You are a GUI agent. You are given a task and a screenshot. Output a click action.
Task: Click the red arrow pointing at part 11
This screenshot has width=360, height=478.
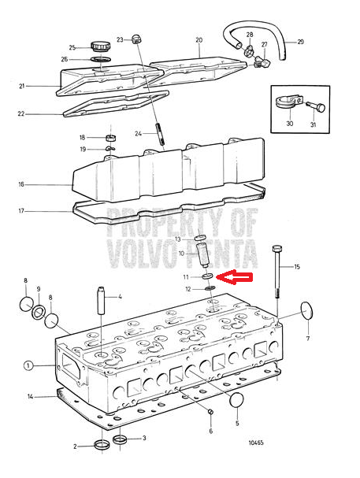[x=234, y=277]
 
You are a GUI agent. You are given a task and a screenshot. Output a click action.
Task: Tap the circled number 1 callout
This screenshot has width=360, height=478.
[x=28, y=365]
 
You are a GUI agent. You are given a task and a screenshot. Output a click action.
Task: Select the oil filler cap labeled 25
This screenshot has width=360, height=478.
[x=101, y=47]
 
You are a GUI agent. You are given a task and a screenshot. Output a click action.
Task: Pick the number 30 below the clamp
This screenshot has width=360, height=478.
[x=290, y=124]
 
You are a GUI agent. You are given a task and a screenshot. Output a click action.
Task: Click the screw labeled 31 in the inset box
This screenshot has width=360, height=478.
[x=316, y=108]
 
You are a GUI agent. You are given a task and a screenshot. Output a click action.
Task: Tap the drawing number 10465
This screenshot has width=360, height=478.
[x=256, y=443]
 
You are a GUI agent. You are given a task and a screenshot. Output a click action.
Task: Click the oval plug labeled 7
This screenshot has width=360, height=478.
[x=307, y=310]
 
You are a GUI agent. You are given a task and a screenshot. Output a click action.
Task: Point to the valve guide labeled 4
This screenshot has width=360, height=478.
[x=102, y=301]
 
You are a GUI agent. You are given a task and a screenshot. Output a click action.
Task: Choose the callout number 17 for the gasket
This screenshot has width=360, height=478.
[x=21, y=211]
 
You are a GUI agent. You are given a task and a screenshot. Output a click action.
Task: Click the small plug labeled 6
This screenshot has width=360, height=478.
[x=210, y=412]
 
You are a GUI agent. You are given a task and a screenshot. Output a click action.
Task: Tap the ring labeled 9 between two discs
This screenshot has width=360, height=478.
[x=39, y=312]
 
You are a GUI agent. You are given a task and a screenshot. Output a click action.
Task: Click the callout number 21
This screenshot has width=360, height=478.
[x=21, y=87]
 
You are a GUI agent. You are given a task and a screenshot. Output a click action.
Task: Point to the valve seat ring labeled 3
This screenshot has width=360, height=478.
[x=120, y=439]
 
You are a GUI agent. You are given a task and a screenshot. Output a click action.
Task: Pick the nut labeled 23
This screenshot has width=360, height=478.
[x=136, y=39]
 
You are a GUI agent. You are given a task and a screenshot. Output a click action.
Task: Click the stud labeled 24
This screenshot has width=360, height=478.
[x=161, y=134]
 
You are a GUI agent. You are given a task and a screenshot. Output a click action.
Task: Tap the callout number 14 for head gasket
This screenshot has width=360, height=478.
[x=30, y=397]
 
